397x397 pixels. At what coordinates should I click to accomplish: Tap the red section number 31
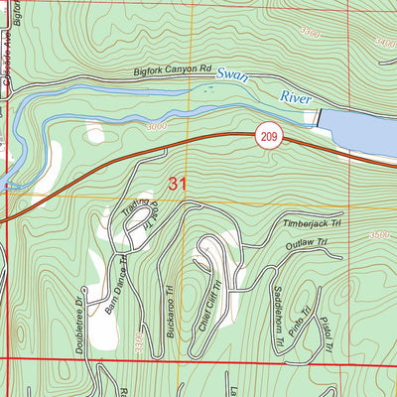coord(178,184)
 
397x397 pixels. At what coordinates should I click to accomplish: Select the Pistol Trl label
coord(324,332)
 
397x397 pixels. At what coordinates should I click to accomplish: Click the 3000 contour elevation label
coord(155,128)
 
